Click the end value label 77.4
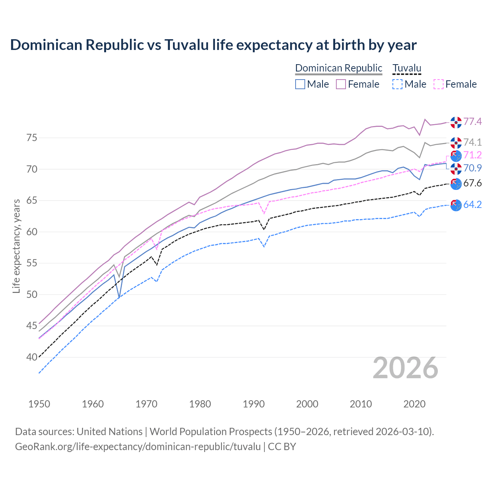[x=472, y=122]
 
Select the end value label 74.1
[x=472, y=143]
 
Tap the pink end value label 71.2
[x=472, y=155]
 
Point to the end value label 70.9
[x=472, y=168]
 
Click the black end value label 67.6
[x=472, y=183]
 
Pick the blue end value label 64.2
[x=472, y=205]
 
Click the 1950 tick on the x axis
[x=39, y=404]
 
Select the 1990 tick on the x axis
[x=254, y=404]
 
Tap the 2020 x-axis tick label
[x=414, y=404]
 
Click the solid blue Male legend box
[x=300, y=84]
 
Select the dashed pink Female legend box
[x=439, y=84]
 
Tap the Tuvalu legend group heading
[x=407, y=68]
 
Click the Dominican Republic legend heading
[x=339, y=68]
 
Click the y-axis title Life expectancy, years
[x=16, y=246]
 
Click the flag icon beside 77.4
[x=456, y=122]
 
